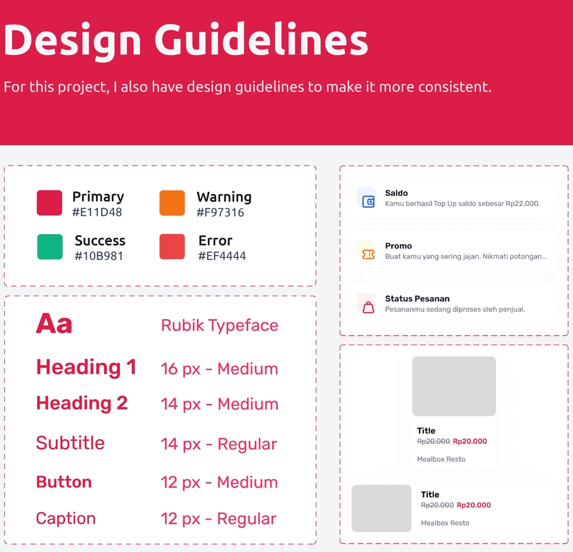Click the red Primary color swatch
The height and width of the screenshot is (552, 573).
[50, 203]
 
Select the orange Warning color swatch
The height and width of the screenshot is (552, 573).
[172, 203]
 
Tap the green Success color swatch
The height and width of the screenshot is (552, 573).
[50, 247]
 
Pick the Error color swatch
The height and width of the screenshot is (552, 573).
[172, 247]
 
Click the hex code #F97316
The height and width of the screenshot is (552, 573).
[220, 213]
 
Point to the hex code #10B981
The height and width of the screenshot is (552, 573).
[98, 256]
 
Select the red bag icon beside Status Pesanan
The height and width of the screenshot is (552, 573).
[368, 307]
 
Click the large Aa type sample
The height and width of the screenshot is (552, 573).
[54, 324]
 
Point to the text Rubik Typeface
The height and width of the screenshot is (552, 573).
[220, 326]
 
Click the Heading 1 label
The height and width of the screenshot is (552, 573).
[86, 367]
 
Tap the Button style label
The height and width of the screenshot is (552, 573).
[64, 482]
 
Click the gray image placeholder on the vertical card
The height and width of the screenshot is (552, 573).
[454, 387]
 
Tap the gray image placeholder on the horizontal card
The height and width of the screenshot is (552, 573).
[381, 508]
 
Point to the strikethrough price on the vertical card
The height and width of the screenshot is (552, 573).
[433, 441]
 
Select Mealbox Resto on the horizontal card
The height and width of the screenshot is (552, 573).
[445, 523]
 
